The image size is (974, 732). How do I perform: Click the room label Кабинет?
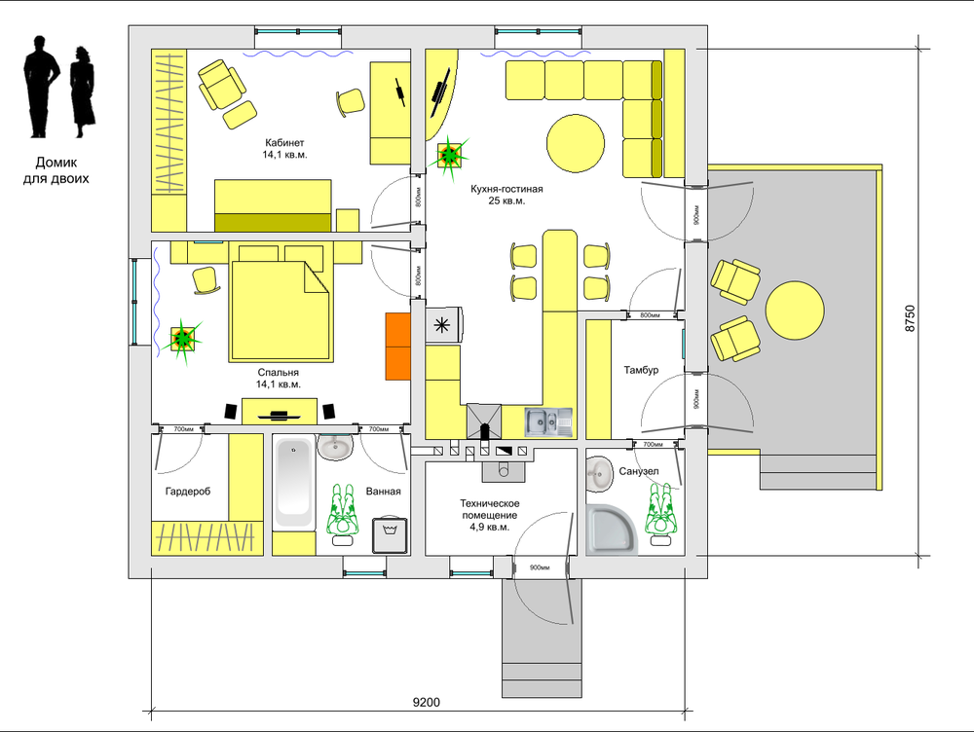(x=284, y=143)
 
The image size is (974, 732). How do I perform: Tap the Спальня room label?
(x=279, y=373)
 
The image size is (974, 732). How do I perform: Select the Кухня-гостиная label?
(x=506, y=189)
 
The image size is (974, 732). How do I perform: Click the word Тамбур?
(x=641, y=370)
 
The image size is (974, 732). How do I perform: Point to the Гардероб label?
(x=188, y=492)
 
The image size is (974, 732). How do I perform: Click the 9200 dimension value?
(x=427, y=702)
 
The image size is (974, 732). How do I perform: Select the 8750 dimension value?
(x=910, y=318)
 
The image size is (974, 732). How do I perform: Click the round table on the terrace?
(x=795, y=311)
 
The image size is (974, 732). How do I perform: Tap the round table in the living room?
(x=576, y=143)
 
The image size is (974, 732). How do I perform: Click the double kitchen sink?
(x=548, y=422)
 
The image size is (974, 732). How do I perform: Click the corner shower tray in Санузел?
(x=612, y=529)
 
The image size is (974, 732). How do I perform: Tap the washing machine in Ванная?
(x=391, y=534)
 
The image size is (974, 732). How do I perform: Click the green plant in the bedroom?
(x=183, y=339)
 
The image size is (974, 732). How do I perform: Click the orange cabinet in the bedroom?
(x=398, y=346)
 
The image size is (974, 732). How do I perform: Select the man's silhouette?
(x=42, y=86)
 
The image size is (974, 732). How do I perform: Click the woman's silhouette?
(x=82, y=91)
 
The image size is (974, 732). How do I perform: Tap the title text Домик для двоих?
(x=56, y=170)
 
